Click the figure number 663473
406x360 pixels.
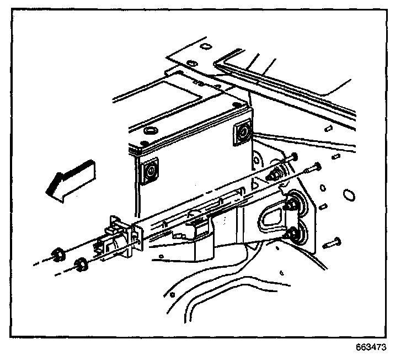pyautogui.click(x=370, y=348)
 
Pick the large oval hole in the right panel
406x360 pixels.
pyautogui.click(x=348, y=195)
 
